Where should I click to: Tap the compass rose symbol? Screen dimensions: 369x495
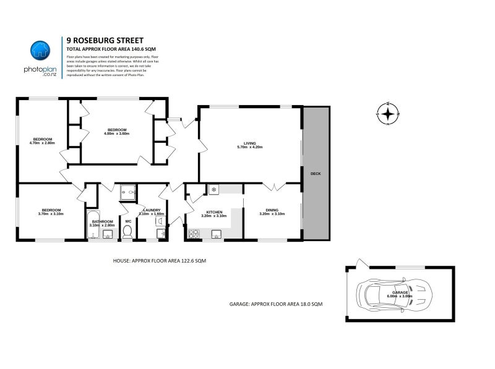388,114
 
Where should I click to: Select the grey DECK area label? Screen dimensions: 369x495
316,174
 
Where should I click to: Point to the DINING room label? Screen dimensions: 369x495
272,213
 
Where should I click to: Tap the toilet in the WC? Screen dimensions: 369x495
127,232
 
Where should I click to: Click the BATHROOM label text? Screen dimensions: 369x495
102,223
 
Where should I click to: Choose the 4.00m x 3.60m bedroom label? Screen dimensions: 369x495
116,132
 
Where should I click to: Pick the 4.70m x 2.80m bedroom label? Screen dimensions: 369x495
42,141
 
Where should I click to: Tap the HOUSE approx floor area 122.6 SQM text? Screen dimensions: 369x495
159,261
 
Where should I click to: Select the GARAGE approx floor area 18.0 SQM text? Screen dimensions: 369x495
275,304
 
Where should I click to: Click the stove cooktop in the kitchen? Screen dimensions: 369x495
194,234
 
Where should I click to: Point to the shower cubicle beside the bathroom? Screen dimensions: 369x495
128,193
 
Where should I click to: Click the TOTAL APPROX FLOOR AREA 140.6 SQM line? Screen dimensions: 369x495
110,48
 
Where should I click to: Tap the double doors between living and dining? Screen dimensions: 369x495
272,186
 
